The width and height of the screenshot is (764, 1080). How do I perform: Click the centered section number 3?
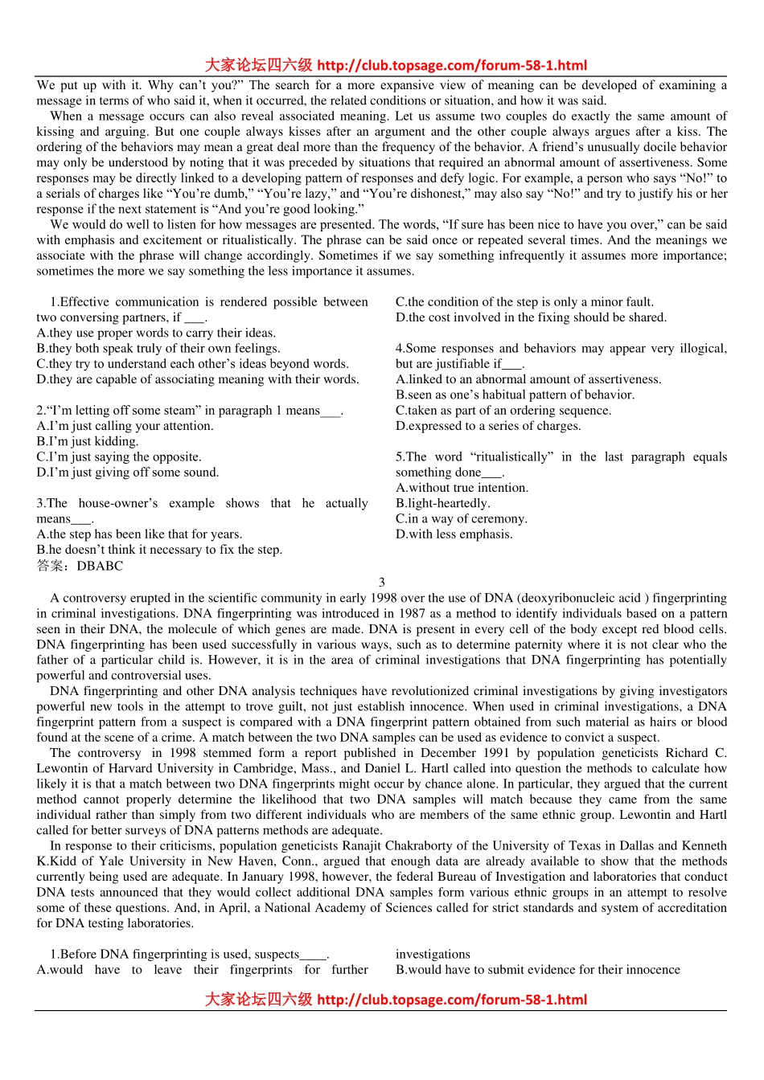click(381, 582)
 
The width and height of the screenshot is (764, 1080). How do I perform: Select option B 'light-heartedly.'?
click(442, 504)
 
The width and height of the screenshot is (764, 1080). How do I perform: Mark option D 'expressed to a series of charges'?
click(487, 426)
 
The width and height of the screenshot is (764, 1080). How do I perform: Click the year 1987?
click(413, 614)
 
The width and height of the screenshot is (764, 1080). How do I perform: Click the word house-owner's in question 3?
click(118, 504)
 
